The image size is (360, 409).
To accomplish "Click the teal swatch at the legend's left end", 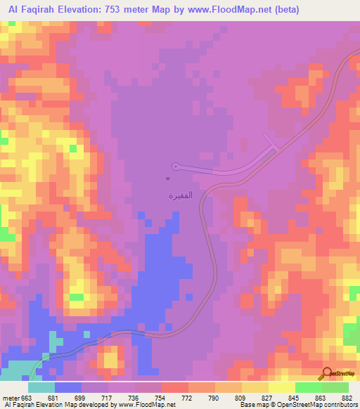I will [x=41, y=387].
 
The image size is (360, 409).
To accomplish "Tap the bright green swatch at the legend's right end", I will [x=335, y=387].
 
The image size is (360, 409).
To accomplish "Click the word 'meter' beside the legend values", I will [x=11, y=398].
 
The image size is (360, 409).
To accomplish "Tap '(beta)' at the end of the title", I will [x=285, y=9].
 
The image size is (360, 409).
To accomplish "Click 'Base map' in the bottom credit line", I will [x=251, y=405].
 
